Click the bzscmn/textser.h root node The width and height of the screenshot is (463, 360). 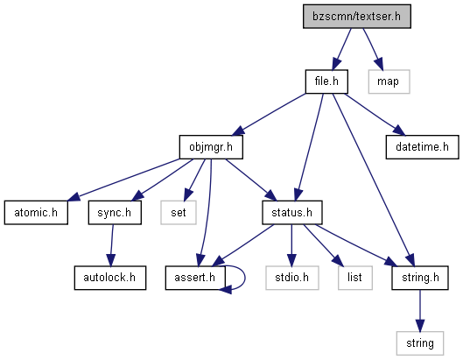pyautogui.click(x=357, y=17)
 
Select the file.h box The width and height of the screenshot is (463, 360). pyautogui.click(x=326, y=81)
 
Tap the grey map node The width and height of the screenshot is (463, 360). pyautogui.click(x=389, y=81)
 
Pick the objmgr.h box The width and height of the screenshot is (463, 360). pyautogui.click(x=211, y=147)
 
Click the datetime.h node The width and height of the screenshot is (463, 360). pyautogui.click(x=422, y=147)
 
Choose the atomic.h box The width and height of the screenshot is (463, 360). pyautogui.click(x=36, y=213)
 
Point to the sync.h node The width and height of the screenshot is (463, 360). pyautogui.click(x=115, y=213)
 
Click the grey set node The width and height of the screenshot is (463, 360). pyautogui.click(x=179, y=213)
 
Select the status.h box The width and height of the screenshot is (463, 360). pyautogui.click(x=292, y=213)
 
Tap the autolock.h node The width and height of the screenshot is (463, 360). pyautogui.click(x=110, y=278)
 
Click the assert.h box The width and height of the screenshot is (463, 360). pyautogui.click(x=195, y=278)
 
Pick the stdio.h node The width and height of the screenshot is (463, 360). pyautogui.click(x=292, y=278)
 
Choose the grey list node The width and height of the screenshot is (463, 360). pyautogui.click(x=355, y=278)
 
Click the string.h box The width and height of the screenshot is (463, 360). pyautogui.click(x=420, y=278)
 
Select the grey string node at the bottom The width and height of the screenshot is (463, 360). pyautogui.click(x=420, y=343)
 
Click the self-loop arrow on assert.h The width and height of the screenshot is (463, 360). pyautogui.click(x=245, y=278)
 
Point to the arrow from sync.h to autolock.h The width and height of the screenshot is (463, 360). pyautogui.click(x=112, y=245)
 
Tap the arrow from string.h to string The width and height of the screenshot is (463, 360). pyautogui.click(x=420, y=311)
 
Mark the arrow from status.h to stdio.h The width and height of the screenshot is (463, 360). pyautogui.click(x=291, y=245)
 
